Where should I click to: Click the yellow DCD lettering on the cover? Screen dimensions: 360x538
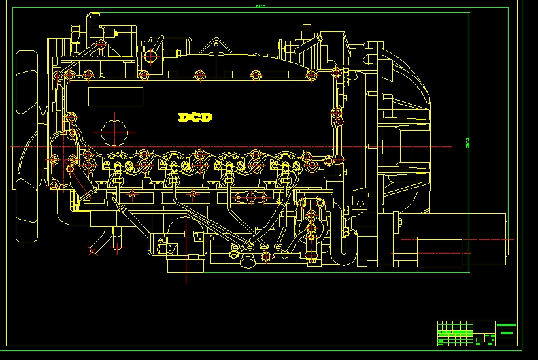point(195,118)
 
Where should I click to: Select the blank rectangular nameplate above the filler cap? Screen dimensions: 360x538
point(115,97)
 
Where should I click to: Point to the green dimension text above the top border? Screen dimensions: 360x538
point(260,7)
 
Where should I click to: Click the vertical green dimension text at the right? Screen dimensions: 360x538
point(467,142)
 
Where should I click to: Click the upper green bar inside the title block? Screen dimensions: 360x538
point(506,325)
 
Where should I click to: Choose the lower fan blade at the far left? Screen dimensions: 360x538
point(27,209)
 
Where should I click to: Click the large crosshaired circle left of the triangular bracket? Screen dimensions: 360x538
point(152,56)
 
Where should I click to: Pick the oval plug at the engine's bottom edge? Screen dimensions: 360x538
point(247,261)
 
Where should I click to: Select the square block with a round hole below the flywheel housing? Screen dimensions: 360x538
point(359,199)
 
